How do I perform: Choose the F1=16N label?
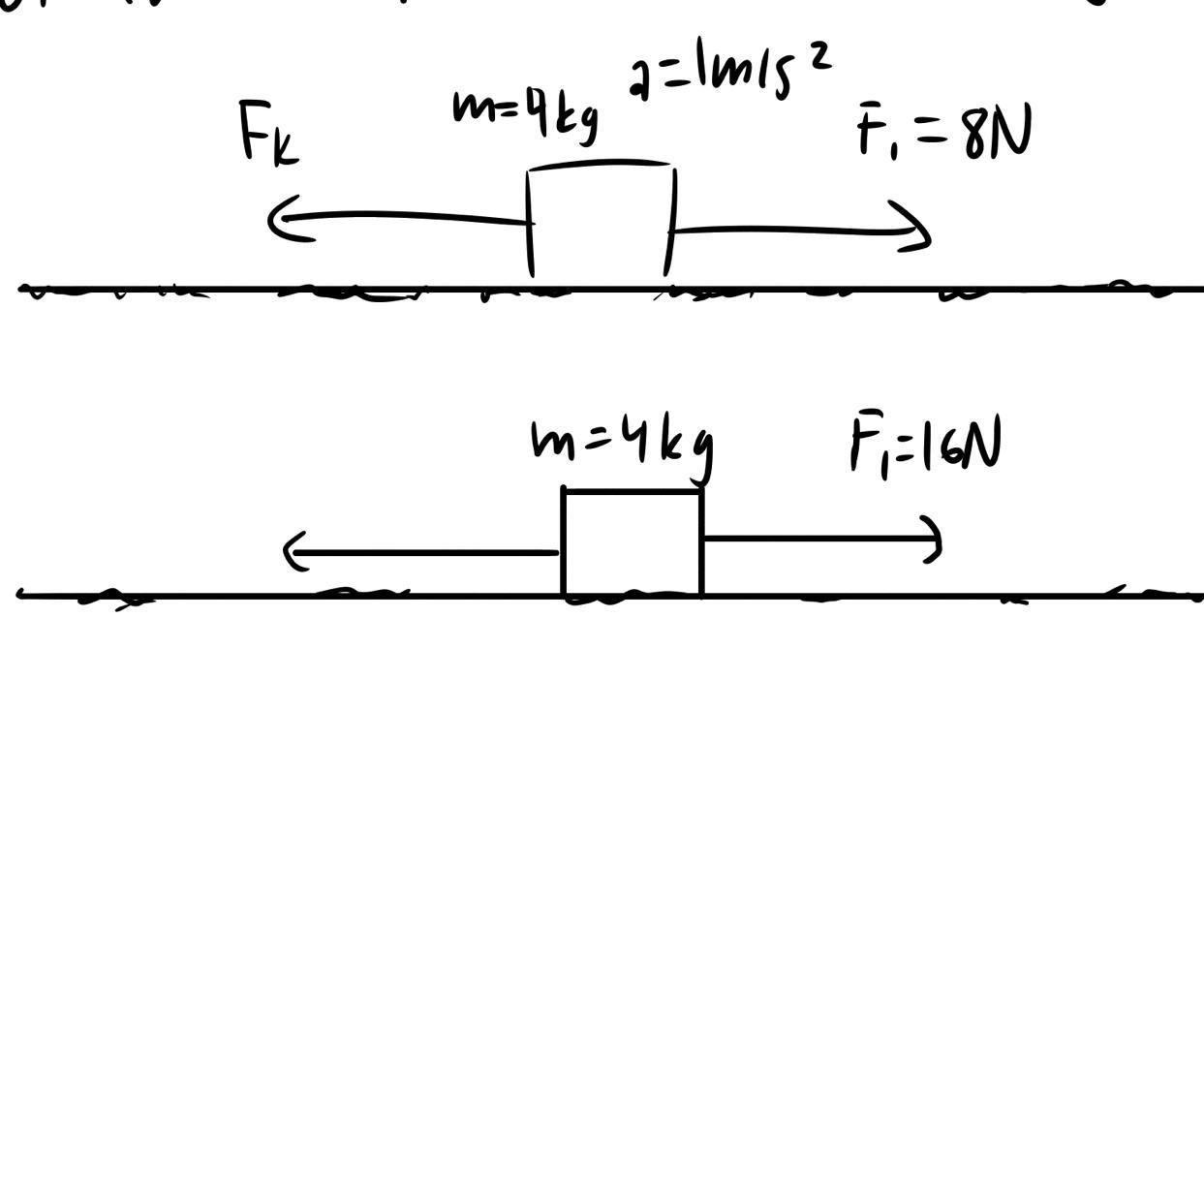[x=925, y=445]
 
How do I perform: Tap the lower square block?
[x=633, y=542]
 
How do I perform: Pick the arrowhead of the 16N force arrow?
[x=935, y=539]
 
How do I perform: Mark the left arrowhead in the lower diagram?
[x=291, y=552]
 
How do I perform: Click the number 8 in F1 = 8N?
[x=975, y=137]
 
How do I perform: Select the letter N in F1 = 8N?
[x=1011, y=134]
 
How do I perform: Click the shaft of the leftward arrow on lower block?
[x=426, y=553]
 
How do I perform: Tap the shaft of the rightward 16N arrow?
[x=814, y=538]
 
